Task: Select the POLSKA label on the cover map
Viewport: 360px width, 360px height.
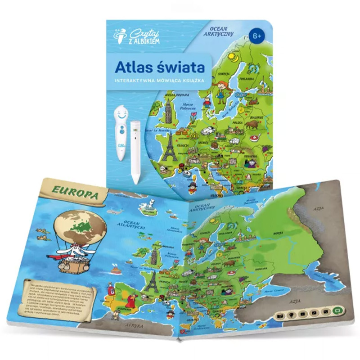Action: pos(237,122)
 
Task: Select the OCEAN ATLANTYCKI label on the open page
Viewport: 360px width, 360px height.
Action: pos(137,223)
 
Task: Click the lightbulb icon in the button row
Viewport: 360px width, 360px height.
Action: pos(288,314)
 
